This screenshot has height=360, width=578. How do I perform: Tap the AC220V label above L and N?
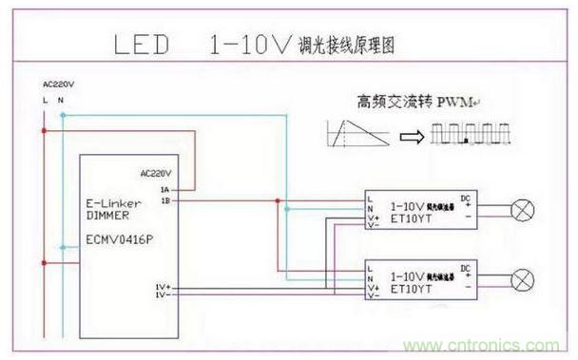[57, 85]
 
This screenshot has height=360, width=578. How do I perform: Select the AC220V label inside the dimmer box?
[155, 175]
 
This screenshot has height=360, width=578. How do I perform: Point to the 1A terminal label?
[164, 190]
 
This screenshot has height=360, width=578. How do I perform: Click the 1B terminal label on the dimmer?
[164, 200]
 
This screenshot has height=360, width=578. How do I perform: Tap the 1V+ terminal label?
[163, 286]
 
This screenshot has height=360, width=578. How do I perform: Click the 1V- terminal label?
[163, 295]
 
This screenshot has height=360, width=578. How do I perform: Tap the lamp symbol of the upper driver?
[521, 207]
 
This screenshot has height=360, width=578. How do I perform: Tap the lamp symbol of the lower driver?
[521, 278]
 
